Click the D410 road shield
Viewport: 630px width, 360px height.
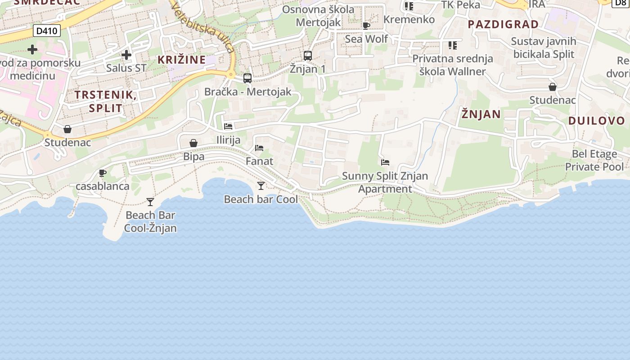coord(46,31)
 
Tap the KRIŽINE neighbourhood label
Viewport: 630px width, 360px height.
coord(181,59)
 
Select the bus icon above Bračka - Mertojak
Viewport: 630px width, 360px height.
coord(247,78)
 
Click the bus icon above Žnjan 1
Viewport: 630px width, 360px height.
coord(308,56)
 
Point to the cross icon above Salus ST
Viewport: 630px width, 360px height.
coord(126,55)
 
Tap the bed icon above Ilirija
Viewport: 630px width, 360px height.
coord(228,126)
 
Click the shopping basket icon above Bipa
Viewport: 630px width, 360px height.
coord(193,144)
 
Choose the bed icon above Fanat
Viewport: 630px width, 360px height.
coord(259,148)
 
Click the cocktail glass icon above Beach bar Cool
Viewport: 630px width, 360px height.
coord(261,185)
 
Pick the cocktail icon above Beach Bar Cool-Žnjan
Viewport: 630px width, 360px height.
coord(150,202)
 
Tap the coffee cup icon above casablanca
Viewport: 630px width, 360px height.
coord(103,173)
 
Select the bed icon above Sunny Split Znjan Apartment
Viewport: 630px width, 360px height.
coord(385,162)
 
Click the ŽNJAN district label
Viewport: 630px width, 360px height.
coord(481,114)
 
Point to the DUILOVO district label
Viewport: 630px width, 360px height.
coord(596,121)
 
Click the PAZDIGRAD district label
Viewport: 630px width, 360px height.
coord(503,24)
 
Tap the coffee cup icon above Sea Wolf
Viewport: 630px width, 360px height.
coord(366,26)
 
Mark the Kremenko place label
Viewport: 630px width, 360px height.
coord(409,19)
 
